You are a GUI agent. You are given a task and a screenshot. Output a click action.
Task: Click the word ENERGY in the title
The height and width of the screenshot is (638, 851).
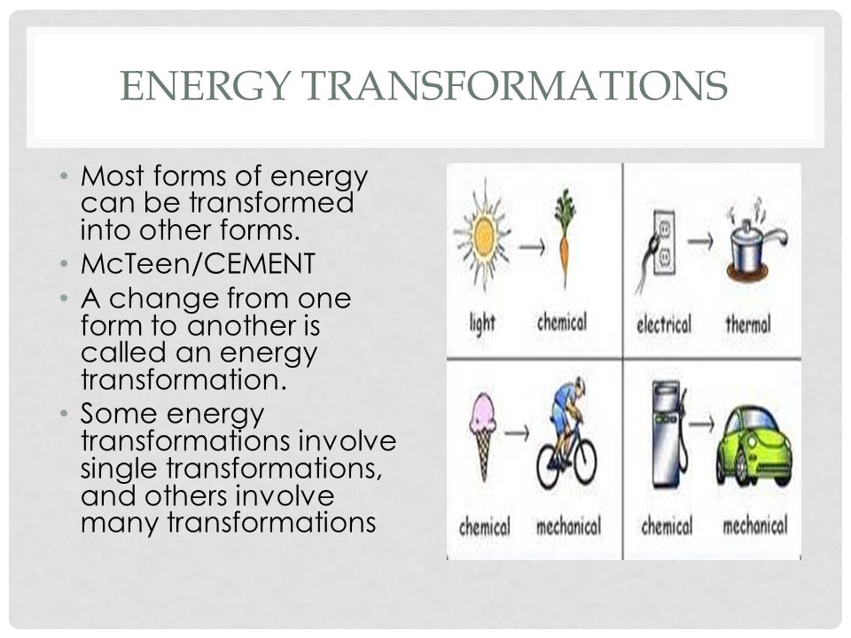pyautogui.click(x=205, y=86)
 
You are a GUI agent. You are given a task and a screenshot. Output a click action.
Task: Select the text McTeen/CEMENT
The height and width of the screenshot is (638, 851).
pyautogui.click(x=198, y=264)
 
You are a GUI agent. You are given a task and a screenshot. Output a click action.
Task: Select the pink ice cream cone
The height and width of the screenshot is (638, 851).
pyautogui.click(x=482, y=435)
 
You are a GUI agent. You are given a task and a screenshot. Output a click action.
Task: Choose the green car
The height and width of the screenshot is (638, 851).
pyautogui.click(x=753, y=445)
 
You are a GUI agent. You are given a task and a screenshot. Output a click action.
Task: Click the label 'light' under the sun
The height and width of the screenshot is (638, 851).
pyautogui.click(x=482, y=323)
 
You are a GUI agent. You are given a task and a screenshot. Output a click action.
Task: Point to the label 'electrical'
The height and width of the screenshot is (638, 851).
pyautogui.click(x=664, y=324)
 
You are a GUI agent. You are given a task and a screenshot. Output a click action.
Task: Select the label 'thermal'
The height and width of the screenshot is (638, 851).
pyautogui.click(x=748, y=324)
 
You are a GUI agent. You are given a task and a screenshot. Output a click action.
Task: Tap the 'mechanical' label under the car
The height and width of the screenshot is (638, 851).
pyautogui.click(x=755, y=525)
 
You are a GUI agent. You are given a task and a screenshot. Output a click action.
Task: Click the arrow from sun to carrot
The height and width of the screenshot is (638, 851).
pyautogui.click(x=532, y=247)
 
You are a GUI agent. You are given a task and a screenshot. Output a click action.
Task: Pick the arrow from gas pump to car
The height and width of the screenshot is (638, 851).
pyautogui.click(x=702, y=424)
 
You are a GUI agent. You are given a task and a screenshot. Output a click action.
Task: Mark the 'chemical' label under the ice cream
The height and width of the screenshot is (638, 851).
pyautogui.click(x=484, y=526)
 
